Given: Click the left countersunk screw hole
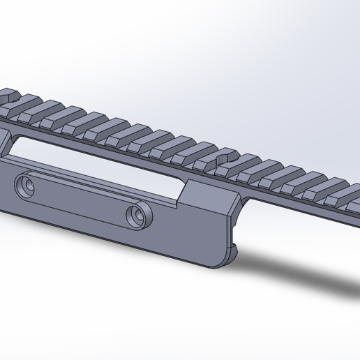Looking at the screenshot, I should pos(27,186).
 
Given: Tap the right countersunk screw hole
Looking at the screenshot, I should pos(135,215).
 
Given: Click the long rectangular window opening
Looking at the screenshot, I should pos(91,163).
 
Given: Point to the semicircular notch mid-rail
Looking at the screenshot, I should pos(225,162).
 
